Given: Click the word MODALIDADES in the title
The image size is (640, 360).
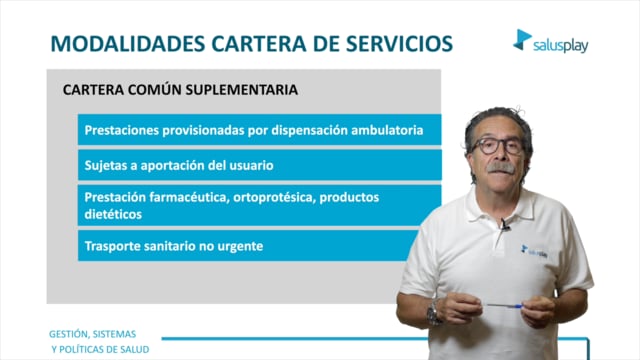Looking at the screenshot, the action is click(128, 44).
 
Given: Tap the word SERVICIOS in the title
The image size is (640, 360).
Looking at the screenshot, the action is click(400, 44).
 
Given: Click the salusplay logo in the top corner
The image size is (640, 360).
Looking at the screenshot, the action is click(551, 41).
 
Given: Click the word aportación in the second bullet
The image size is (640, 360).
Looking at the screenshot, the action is click(172, 166).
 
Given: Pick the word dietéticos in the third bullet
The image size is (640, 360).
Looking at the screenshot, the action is click(113, 214).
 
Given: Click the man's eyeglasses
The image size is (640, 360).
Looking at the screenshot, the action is click(497, 146).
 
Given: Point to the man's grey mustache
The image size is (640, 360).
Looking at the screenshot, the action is click(500, 168).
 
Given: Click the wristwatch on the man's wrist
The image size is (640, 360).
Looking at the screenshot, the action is click(433, 312).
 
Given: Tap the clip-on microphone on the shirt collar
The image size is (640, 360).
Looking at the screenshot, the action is click(505, 224).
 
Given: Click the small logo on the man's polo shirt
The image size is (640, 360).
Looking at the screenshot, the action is click(534, 251).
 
